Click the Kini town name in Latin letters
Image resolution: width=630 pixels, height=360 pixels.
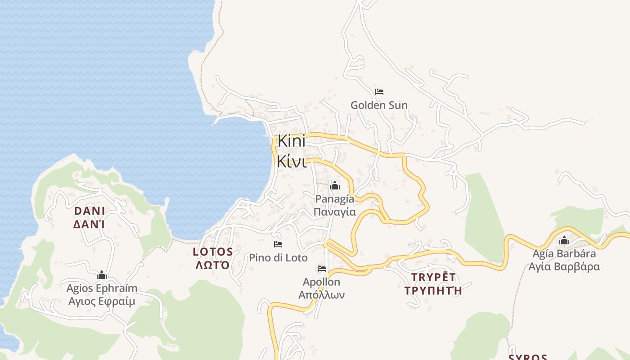291,141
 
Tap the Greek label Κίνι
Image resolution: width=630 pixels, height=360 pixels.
292,161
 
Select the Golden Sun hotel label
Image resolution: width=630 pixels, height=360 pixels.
379,105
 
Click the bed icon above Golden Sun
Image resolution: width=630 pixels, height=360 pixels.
379,92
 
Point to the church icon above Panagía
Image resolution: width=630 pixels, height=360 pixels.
335,185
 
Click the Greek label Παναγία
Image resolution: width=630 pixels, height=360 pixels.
335,212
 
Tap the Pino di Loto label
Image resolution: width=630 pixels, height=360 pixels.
278,258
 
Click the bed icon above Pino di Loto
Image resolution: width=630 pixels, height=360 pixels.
278,244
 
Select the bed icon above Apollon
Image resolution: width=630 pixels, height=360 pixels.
321,269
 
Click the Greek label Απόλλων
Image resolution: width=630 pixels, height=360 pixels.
321,295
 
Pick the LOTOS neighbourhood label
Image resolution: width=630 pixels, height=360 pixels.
213,252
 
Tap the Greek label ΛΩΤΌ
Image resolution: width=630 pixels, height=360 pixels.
212,265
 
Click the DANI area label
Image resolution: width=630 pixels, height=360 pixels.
89,211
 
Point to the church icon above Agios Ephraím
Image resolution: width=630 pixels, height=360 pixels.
102,275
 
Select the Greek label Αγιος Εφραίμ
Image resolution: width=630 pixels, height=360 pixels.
102,301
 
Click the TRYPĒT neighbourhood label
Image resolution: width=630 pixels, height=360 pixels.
433,277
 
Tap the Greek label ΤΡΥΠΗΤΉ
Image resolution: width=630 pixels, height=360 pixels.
433,290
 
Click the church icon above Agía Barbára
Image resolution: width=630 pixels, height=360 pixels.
564,241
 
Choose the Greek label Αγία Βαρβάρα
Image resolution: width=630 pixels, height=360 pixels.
564,266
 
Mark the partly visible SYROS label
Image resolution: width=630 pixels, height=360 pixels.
528,357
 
